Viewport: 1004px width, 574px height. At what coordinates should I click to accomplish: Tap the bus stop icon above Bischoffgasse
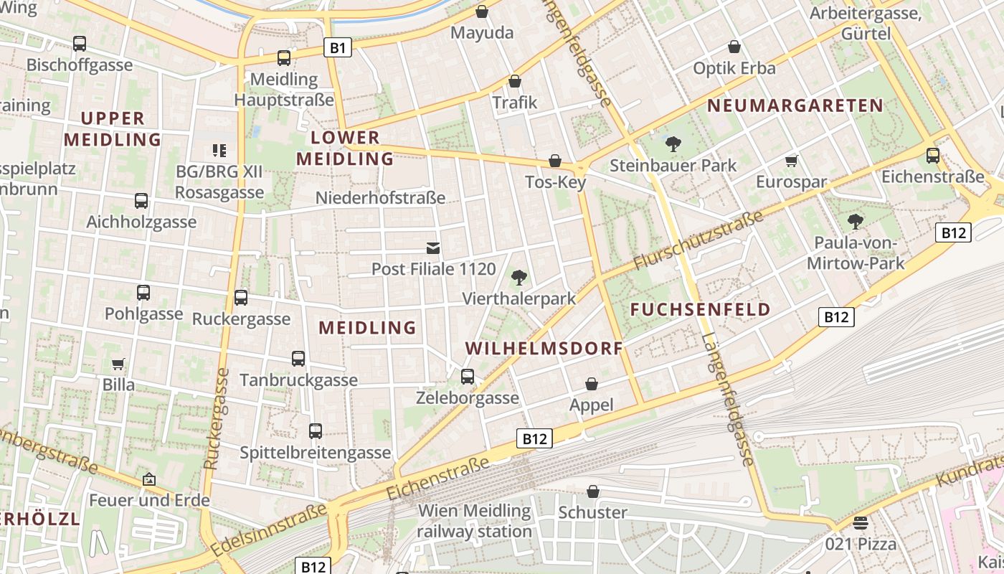[80, 44]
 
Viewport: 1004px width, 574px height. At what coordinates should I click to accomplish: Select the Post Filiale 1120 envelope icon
[433, 248]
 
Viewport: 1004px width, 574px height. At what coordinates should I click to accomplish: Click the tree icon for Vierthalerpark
[518, 277]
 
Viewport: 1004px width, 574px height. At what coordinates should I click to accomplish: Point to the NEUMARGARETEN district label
[795, 105]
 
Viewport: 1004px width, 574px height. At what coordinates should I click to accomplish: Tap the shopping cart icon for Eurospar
[791, 161]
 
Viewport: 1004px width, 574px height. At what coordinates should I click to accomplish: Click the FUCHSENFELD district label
[701, 310]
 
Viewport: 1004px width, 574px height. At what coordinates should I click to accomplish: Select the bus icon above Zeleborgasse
[468, 376]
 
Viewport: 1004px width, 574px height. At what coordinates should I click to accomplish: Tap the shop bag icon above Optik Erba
[734, 47]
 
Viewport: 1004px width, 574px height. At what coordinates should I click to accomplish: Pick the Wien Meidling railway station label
[474, 522]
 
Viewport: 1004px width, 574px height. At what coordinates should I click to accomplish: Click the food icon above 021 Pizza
[861, 522]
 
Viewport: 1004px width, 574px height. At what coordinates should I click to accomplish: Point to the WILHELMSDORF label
[544, 349]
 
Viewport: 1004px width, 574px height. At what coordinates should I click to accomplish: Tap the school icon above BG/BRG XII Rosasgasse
[219, 151]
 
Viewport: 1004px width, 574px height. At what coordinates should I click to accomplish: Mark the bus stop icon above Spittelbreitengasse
[316, 431]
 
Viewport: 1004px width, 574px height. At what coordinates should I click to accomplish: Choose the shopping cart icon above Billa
[118, 364]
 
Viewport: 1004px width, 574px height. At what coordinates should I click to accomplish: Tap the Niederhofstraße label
[380, 197]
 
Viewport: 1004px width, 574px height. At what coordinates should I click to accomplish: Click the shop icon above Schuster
[593, 491]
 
